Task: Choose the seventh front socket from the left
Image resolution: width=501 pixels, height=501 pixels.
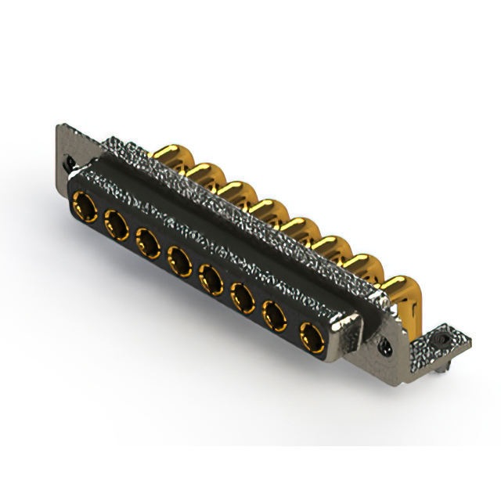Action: [275, 317]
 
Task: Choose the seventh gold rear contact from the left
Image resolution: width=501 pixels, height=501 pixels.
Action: [357, 266]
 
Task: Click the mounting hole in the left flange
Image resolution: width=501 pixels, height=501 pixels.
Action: [71, 161]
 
